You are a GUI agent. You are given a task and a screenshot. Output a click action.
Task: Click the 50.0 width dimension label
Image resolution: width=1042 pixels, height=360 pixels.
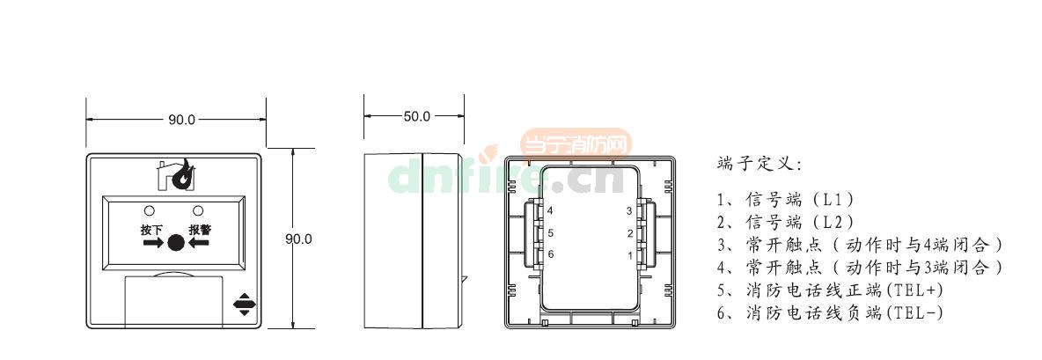point(416,116)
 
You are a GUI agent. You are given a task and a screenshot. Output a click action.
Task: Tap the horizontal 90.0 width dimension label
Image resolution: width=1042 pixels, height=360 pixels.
point(181,120)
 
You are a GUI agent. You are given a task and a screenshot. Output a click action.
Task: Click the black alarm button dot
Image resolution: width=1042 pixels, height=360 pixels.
point(175,243)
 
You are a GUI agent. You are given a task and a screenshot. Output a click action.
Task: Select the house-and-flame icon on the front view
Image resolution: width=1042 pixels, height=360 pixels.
point(176,174)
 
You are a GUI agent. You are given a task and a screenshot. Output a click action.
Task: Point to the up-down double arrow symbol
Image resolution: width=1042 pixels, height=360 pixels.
point(244,304)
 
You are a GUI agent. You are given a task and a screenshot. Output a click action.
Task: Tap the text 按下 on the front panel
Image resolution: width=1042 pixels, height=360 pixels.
point(151,230)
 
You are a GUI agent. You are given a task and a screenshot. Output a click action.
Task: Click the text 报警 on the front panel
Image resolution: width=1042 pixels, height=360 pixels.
point(200,230)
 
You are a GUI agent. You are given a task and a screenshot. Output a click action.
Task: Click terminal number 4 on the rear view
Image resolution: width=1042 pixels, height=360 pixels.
point(550,211)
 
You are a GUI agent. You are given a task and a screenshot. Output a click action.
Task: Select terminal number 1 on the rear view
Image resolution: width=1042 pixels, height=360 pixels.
point(630,254)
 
